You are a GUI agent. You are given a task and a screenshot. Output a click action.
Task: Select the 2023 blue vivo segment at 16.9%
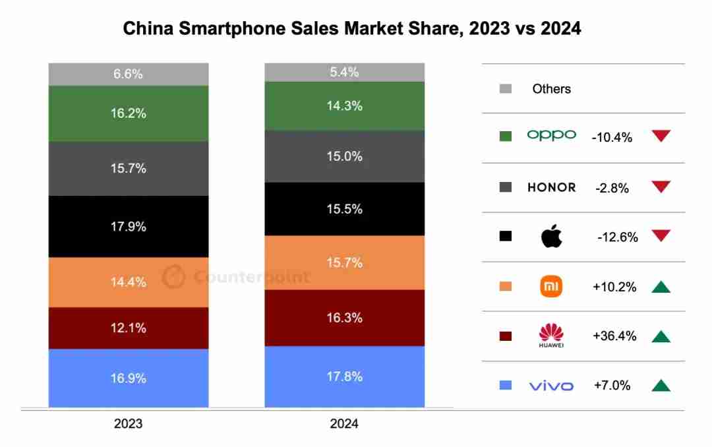[x=129, y=378]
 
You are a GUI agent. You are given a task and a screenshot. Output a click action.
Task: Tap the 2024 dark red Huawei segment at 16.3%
[x=345, y=318]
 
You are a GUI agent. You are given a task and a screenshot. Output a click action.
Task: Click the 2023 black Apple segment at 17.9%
[x=129, y=226]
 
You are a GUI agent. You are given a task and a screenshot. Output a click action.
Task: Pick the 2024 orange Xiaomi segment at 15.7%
[x=345, y=262]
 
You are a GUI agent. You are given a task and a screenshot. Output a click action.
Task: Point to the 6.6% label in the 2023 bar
[x=129, y=74]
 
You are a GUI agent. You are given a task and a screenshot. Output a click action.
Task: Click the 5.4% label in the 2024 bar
[x=345, y=73]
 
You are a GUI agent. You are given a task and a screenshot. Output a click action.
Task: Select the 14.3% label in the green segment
[x=345, y=105]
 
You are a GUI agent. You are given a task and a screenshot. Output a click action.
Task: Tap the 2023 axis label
[x=129, y=424]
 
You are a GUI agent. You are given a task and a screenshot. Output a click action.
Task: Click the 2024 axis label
[x=345, y=424]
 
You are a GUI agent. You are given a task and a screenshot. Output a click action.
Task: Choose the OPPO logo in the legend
[x=551, y=135]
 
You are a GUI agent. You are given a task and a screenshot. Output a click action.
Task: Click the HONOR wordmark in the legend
[x=551, y=187]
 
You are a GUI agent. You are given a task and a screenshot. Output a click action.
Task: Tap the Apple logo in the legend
[x=551, y=237]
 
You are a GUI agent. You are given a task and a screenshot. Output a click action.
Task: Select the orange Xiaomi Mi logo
[x=551, y=287]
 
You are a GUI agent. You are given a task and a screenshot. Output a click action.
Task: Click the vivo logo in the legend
[x=551, y=386]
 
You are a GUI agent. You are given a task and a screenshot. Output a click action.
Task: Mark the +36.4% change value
[x=614, y=336]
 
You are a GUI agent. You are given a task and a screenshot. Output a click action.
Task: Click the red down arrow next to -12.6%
[x=661, y=236]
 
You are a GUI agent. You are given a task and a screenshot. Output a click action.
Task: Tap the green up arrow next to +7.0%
[x=661, y=386]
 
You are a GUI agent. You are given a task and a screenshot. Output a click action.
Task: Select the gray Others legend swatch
[x=506, y=89]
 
